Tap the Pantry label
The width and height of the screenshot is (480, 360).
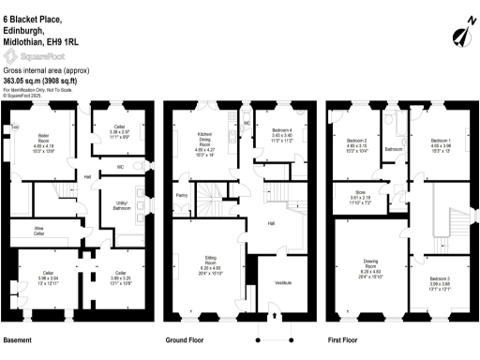pos(182,196)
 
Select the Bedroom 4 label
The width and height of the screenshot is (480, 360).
pos(283,131)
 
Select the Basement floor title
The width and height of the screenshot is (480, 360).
pos(19,339)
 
